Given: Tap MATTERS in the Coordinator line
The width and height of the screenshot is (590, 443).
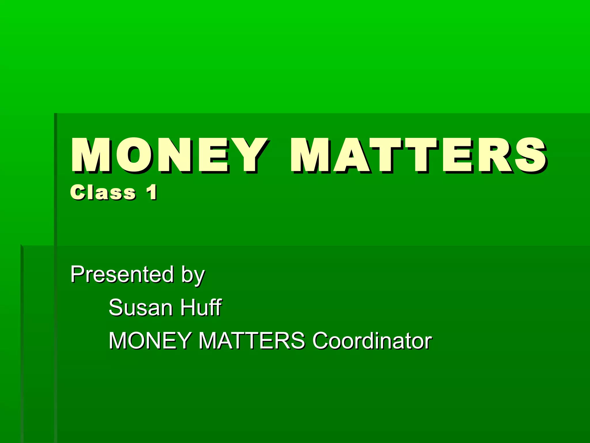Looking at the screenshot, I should click(x=252, y=341).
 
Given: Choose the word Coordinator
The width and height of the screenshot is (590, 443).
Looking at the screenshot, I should click(x=372, y=341).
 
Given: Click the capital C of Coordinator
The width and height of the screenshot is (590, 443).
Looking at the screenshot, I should click(x=322, y=341).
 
